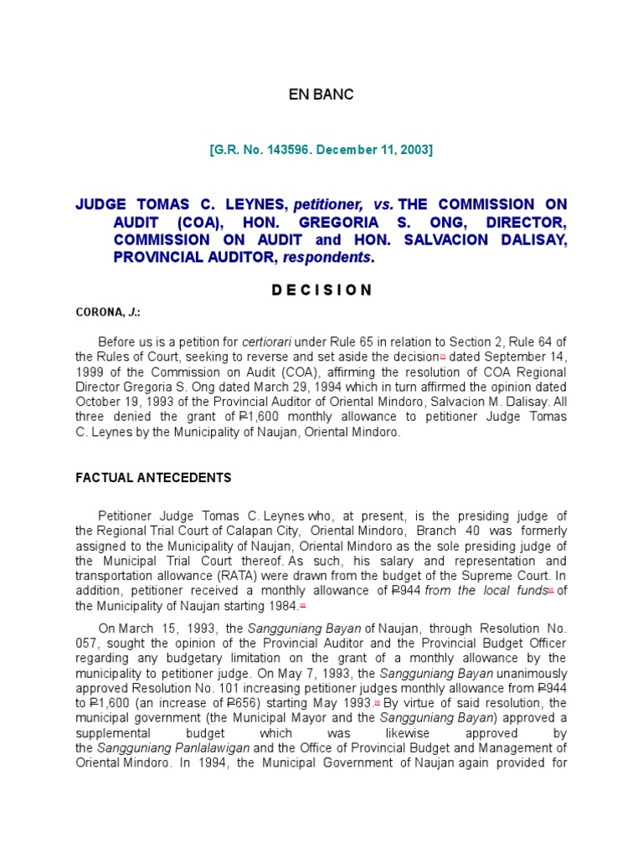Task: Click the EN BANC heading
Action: click(321, 95)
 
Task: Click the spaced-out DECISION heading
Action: click(321, 290)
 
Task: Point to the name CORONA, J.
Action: click(107, 312)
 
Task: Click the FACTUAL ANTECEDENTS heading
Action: click(153, 478)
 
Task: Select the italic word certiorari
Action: click(268, 341)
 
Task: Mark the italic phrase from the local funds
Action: click(485, 591)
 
